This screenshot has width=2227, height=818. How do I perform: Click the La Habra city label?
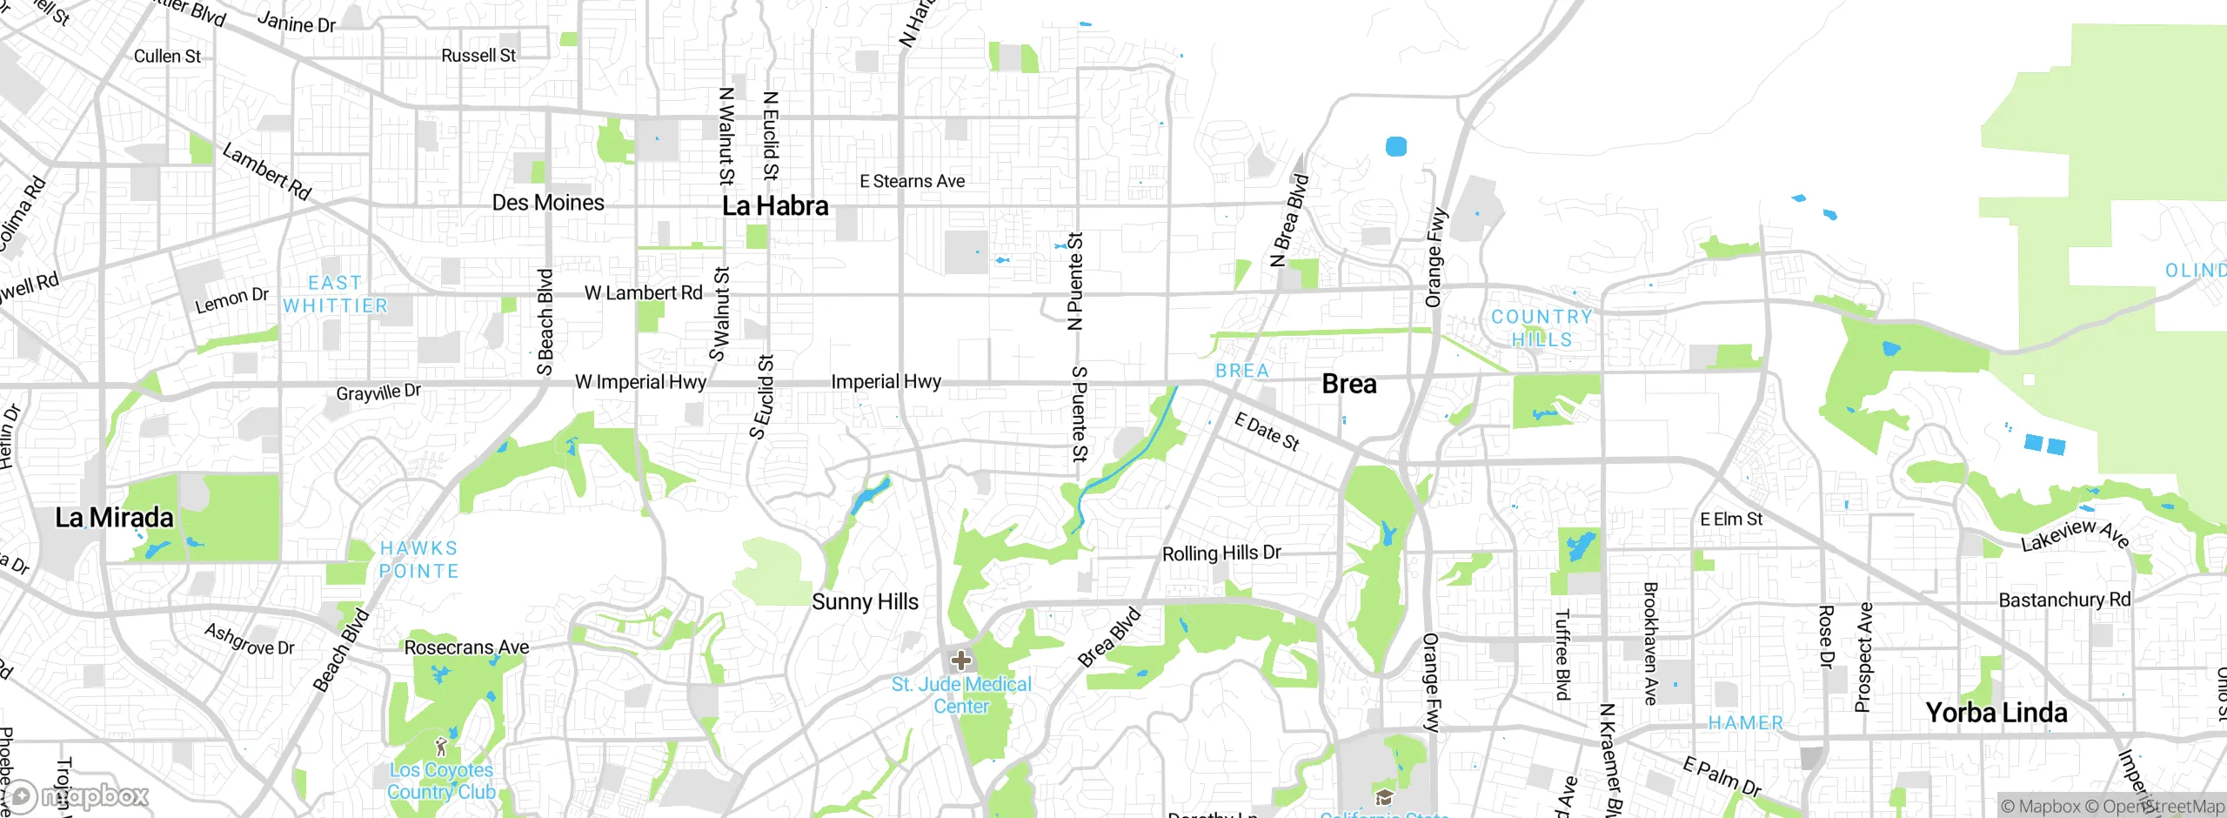click(775, 206)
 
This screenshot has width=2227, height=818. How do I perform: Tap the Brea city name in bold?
click(1348, 384)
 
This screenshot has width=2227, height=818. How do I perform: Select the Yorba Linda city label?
click(1996, 713)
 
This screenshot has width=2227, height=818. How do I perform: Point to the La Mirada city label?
click(114, 518)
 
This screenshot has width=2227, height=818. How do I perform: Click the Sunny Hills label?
click(865, 602)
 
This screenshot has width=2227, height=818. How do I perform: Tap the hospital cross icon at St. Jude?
click(961, 660)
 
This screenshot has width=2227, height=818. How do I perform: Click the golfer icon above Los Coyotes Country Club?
click(441, 746)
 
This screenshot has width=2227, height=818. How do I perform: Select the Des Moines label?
click(548, 203)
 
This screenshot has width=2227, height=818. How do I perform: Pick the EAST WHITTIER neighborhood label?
click(335, 294)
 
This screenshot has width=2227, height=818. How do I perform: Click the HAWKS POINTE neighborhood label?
click(418, 560)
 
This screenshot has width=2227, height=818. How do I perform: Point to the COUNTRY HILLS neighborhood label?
click(1542, 328)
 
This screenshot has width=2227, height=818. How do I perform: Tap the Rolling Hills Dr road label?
click(1221, 553)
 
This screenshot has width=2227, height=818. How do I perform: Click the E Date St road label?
click(1267, 432)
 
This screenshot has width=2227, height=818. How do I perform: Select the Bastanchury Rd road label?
click(2064, 600)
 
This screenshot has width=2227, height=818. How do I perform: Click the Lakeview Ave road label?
click(2075, 534)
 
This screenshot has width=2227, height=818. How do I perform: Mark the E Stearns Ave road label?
click(912, 181)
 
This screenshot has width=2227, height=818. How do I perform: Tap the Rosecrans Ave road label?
click(466, 647)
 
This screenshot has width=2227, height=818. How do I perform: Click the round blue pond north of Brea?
click(1395, 146)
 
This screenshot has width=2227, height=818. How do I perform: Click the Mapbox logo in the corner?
click(78, 795)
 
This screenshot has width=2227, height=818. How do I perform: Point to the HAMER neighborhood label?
click(1745, 723)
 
